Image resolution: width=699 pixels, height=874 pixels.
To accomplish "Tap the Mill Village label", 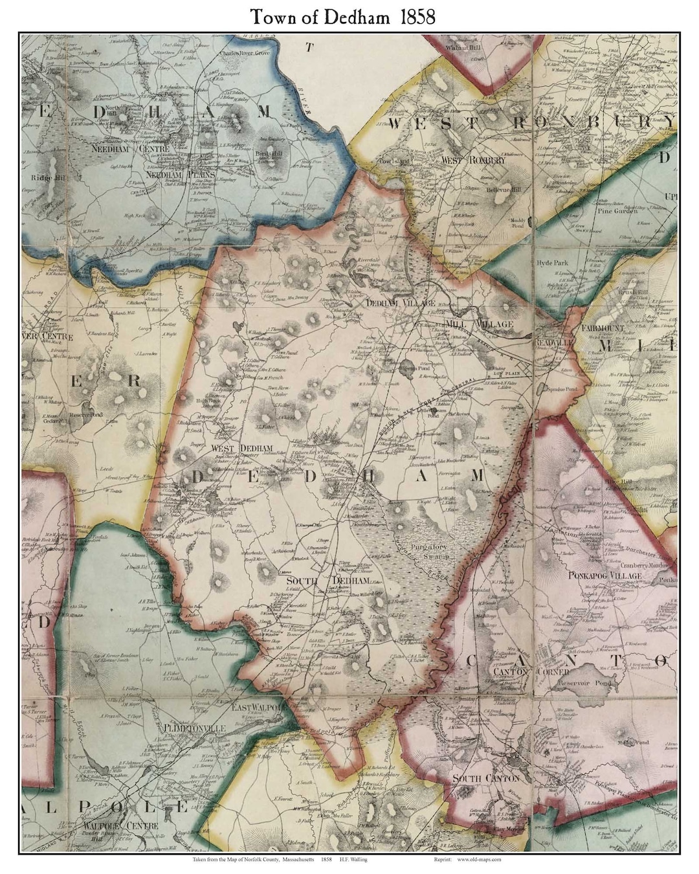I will pos(480,324).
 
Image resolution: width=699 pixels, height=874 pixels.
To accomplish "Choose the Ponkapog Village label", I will pos(605,576).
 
